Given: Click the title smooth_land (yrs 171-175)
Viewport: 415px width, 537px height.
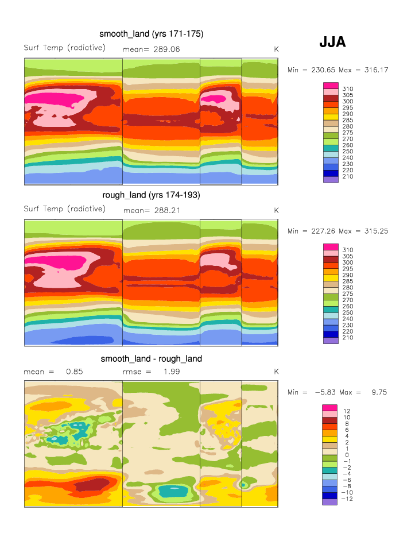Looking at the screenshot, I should point(151,34).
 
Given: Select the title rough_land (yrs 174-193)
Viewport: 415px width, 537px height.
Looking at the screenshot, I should point(151,195).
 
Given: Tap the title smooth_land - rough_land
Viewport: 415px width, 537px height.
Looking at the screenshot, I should point(151,359).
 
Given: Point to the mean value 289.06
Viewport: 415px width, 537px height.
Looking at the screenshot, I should point(164,49).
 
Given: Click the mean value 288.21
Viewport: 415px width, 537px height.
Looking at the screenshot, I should point(164,210).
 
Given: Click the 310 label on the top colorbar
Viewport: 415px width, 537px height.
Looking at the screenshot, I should point(348,89).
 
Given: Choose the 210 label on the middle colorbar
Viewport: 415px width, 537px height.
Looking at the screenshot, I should point(348,338).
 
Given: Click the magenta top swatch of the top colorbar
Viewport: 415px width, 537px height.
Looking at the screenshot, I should point(331,86).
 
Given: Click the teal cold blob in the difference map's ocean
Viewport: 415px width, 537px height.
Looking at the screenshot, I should point(172,491).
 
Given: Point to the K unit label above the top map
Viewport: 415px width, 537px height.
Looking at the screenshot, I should point(276,49).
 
